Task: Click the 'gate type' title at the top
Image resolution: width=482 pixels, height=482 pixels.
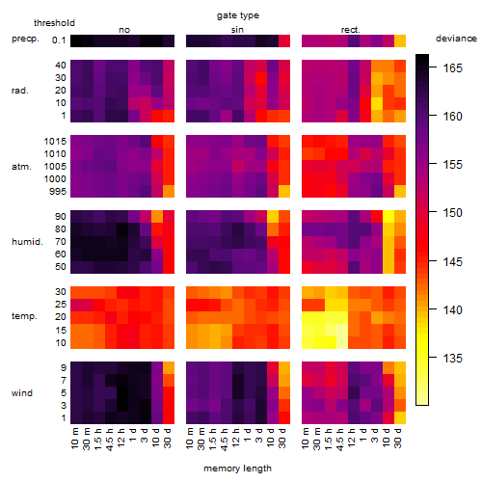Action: (x=238, y=15)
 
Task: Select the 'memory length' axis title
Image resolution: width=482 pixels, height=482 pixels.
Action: (x=237, y=469)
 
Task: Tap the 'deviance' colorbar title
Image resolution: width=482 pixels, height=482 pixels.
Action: (x=456, y=39)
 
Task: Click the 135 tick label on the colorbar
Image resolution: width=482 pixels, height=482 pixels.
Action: (x=453, y=358)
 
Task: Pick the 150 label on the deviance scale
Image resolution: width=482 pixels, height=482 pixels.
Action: (x=453, y=213)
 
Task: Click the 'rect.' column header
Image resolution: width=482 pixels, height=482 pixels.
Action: (x=351, y=30)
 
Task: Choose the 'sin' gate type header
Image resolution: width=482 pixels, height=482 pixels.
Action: (x=237, y=30)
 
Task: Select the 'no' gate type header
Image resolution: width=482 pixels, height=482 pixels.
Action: (x=124, y=30)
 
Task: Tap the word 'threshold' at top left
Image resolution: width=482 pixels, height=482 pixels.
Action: (x=54, y=23)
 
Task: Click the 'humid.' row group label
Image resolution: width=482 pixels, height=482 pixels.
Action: (x=27, y=242)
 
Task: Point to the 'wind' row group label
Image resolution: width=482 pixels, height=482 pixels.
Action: (x=22, y=393)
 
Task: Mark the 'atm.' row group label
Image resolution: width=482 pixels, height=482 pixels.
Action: (x=21, y=167)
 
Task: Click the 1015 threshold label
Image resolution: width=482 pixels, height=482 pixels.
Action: (x=55, y=142)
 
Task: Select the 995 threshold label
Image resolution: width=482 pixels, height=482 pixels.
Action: (x=58, y=192)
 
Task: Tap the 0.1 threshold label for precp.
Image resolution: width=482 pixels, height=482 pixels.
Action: (x=59, y=40)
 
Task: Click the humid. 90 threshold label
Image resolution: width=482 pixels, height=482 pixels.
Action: (x=61, y=217)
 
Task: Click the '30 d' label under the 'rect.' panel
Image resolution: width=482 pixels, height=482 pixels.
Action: (x=398, y=438)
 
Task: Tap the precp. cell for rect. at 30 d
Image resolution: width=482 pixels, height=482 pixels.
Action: (x=400, y=40)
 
